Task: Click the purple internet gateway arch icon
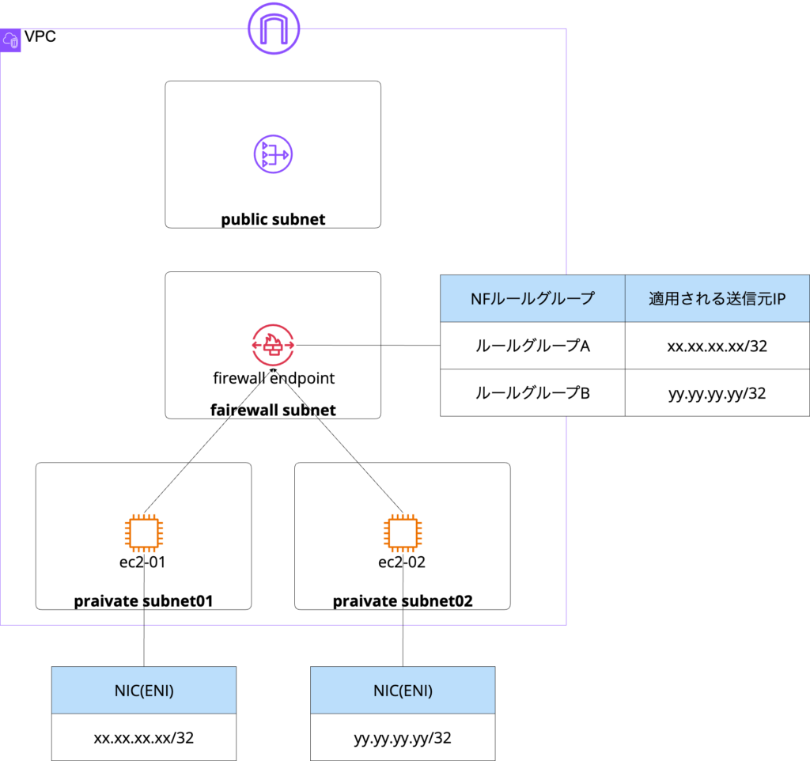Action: pos(274,28)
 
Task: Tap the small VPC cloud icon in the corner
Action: pos(11,40)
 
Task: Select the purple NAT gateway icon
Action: pos(273,153)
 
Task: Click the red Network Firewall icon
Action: pos(273,345)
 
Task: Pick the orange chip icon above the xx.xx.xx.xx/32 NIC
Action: pos(144,532)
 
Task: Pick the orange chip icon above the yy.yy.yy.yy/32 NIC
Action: pos(403,532)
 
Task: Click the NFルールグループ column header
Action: pos(532,299)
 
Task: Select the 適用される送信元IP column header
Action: pos(717,299)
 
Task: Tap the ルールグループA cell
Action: pos(532,346)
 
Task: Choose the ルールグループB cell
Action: pos(532,392)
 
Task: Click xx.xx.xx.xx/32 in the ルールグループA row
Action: pos(717,346)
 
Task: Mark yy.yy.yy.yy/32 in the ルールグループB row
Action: pos(717,392)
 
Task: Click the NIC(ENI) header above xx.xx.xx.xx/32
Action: pos(144,691)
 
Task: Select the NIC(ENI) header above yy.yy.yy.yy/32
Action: pos(403,691)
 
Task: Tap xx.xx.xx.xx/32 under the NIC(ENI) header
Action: pos(144,738)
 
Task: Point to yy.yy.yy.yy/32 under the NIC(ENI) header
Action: pos(403,738)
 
